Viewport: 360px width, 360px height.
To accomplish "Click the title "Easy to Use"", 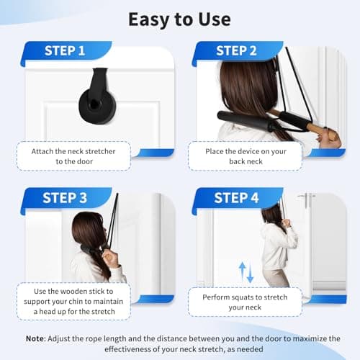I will click(179, 18).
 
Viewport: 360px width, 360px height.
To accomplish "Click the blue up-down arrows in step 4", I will click(246, 272).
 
